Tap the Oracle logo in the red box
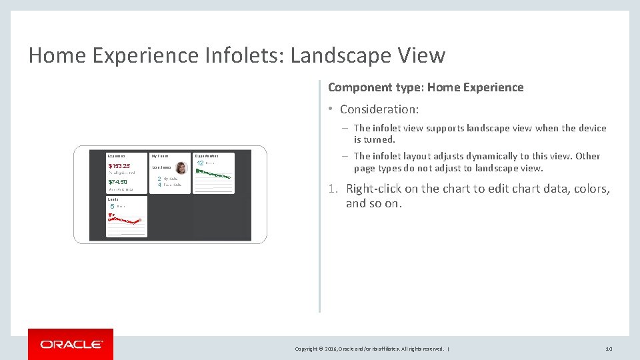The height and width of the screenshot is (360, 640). click(71, 345)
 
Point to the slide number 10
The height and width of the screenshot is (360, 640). click(608, 349)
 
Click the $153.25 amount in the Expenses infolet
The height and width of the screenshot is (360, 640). click(119, 166)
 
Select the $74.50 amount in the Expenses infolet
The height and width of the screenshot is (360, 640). click(118, 182)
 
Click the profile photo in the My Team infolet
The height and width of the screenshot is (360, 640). click(181, 168)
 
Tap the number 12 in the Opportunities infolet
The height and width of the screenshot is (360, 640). click(200, 163)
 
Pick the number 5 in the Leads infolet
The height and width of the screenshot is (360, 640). click(113, 207)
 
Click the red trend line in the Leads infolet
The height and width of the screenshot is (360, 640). click(127, 220)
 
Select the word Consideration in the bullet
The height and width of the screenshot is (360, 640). click(378, 109)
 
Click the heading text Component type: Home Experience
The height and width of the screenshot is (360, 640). click(425, 87)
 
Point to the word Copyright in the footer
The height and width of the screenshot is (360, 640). click(307, 349)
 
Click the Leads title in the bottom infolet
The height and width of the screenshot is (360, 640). click(113, 199)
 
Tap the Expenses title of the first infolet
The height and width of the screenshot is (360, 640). click(117, 156)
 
